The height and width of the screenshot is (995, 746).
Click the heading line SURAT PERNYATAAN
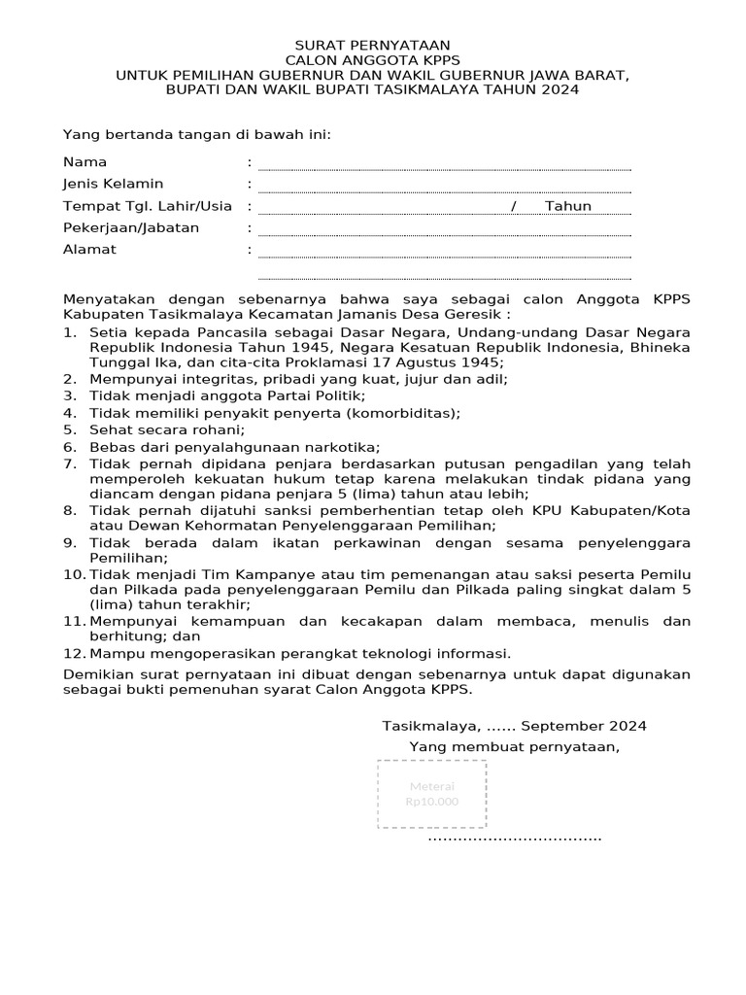[373, 45]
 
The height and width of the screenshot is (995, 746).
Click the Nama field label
[85, 161]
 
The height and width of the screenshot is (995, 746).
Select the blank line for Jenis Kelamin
[444, 189]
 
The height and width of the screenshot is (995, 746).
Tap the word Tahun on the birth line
[567, 206]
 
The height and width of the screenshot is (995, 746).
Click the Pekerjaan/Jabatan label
[131, 227]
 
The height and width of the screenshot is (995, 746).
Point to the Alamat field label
[89, 249]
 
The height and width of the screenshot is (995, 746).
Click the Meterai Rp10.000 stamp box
[432, 794]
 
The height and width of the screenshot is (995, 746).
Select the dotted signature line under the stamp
[515, 837]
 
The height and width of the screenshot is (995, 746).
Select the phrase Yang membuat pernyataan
[514, 746]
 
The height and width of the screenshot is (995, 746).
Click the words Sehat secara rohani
[167, 429]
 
